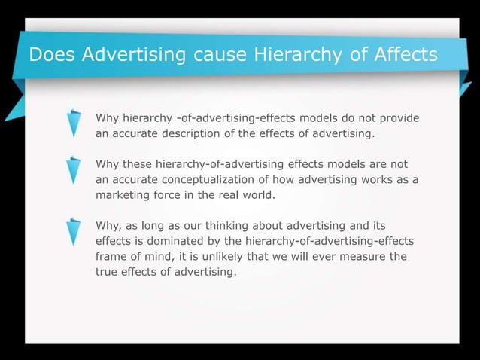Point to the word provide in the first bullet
pyautogui.click(x=397, y=119)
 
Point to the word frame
pyautogui.click(x=111, y=257)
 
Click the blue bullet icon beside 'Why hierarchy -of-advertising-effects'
pyautogui.click(x=74, y=124)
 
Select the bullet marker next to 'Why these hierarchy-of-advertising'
pyautogui.click(x=74, y=169)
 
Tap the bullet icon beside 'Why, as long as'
pyautogui.click(x=74, y=231)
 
